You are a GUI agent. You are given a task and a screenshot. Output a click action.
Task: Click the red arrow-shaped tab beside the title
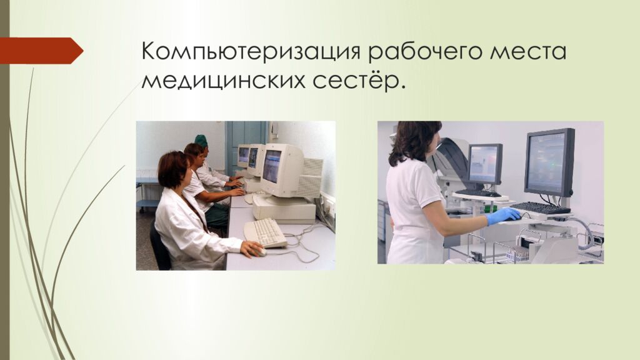pyautogui.click(x=41, y=51)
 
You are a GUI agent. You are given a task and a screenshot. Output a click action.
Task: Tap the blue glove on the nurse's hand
pyautogui.click(x=504, y=216)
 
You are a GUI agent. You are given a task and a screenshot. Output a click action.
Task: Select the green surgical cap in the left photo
pyautogui.click(x=201, y=140)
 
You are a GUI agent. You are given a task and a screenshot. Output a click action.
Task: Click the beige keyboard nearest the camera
pyautogui.click(x=265, y=232)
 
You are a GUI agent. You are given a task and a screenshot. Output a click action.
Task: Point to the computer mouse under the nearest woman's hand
pyautogui.click(x=261, y=252)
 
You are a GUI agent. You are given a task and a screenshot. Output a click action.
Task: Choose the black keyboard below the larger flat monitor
pyautogui.click(x=539, y=207)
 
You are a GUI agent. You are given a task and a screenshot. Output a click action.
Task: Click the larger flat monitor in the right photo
pyautogui.click(x=549, y=162)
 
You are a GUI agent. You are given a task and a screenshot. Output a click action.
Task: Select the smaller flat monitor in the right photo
pyautogui.click(x=484, y=164)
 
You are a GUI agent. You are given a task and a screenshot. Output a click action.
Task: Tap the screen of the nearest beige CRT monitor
pyautogui.click(x=272, y=166)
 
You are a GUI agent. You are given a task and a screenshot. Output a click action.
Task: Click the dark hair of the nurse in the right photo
pyautogui.click(x=413, y=141)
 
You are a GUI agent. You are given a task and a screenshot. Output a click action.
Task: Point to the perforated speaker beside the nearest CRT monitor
pyautogui.click(x=313, y=178)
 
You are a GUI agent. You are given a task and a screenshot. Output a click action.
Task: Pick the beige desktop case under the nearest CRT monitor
pyautogui.click(x=284, y=209)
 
